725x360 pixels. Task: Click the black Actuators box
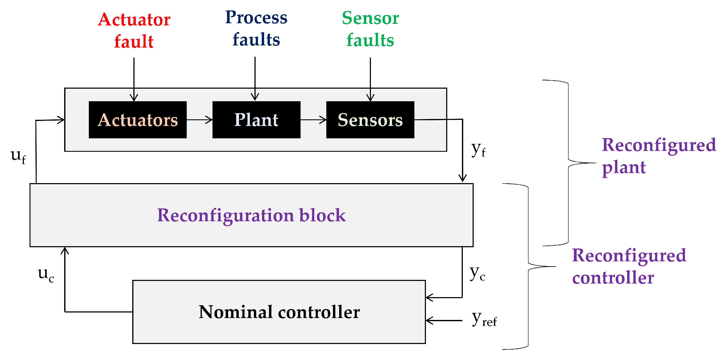point(138,120)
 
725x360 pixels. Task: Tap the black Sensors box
point(370,120)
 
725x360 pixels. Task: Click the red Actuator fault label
point(134,30)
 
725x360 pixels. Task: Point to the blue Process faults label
point(256,28)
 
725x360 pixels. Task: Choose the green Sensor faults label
point(370,29)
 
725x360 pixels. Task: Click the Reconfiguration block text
point(251,215)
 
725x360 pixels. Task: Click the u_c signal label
point(46,274)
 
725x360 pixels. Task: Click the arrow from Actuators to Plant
point(199,120)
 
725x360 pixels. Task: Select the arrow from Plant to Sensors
point(313,120)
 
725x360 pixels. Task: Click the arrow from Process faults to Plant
point(255,79)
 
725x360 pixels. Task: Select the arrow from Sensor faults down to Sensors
point(370,79)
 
